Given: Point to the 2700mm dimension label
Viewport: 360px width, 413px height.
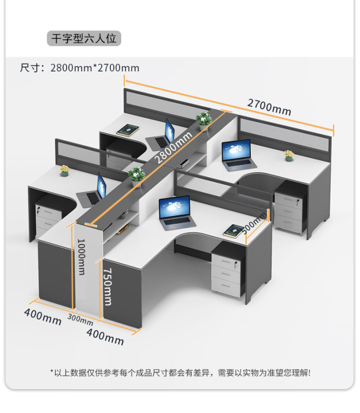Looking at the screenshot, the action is (x=269, y=106).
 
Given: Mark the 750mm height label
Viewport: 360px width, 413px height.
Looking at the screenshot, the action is (x=107, y=285).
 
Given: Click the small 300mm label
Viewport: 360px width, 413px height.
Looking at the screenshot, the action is (x=80, y=319).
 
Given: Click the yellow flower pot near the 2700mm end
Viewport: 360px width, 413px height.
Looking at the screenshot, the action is (x=289, y=155).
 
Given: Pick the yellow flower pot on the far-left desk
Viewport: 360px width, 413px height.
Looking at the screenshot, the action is (x=64, y=170).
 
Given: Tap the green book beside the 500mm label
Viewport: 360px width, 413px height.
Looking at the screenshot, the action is (x=234, y=230).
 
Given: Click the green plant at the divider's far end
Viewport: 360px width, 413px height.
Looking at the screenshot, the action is (x=204, y=119).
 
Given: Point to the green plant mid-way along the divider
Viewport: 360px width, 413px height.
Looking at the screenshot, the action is (x=137, y=174).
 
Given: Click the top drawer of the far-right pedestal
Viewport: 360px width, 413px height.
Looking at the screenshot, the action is (x=289, y=198).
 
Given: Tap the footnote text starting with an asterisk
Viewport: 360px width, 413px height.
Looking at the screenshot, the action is (x=180, y=372).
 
